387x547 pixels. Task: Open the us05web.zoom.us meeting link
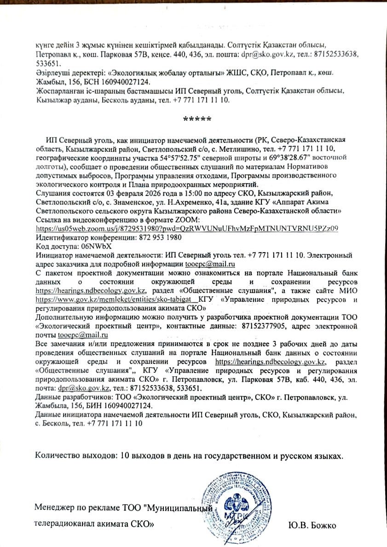pyautogui.click(x=187, y=229)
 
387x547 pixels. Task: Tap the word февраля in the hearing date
pyautogui.click(x=111, y=193)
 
